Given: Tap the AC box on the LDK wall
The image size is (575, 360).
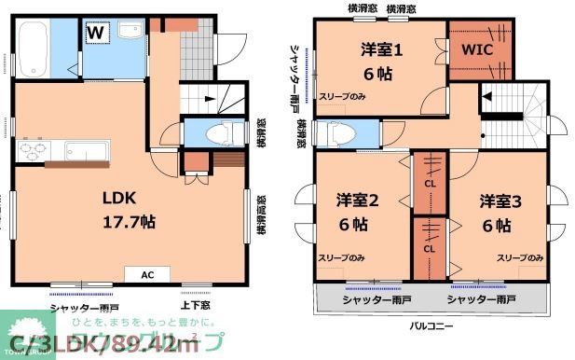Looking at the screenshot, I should pos(147,275).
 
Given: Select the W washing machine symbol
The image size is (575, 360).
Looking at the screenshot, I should pos(96,33).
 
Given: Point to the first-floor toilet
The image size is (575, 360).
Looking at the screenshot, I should pos(215,133).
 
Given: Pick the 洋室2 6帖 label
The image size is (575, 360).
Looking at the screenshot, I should pos(355,212).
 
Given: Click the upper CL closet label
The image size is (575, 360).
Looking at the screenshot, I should pos(430,183).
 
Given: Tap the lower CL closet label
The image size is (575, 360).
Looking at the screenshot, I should pos(430,249).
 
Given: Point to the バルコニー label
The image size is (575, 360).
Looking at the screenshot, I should pos(432,326).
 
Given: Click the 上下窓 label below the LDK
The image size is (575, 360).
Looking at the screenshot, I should pos(195,303).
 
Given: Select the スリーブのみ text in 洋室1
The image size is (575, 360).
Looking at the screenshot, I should pos(341,95).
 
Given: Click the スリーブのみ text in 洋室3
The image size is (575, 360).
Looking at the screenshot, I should pos(520,257).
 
